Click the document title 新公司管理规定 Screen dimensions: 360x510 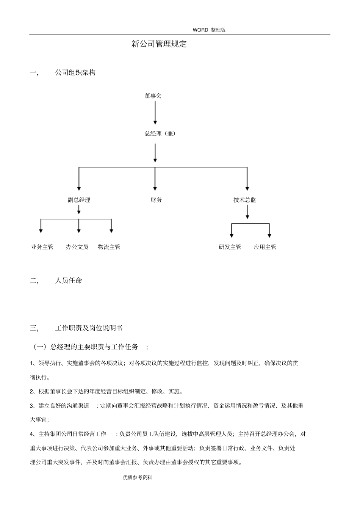tap(159, 44)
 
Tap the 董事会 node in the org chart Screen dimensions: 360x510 tap(153, 96)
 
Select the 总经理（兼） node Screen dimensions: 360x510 tap(160, 133)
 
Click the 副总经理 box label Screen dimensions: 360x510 tap(79, 200)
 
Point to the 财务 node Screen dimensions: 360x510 tap(156, 200)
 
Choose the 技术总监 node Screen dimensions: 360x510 tap(245, 200)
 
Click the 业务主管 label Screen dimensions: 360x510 tap(42, 247)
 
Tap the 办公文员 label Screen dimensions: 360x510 tap(77, 247)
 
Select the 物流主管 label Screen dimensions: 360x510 tap(109, 247)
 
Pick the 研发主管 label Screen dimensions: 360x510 tap(230, 247)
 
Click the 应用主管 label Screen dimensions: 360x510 tap(265, 247)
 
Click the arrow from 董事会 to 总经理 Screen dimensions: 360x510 tap(155, 113)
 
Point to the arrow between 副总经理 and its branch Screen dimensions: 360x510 tap(79, 210)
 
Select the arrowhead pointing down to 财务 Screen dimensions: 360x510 tap(155, 187)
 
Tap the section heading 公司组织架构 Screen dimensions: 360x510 tap(75, 73)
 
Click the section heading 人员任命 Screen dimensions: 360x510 tap(69, 281)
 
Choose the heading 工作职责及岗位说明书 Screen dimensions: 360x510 tap(89, 328)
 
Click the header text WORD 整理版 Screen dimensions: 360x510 tap(209, 30)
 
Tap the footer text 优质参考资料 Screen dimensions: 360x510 tap(138, 478)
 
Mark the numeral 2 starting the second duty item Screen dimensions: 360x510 tap(32, 392)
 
